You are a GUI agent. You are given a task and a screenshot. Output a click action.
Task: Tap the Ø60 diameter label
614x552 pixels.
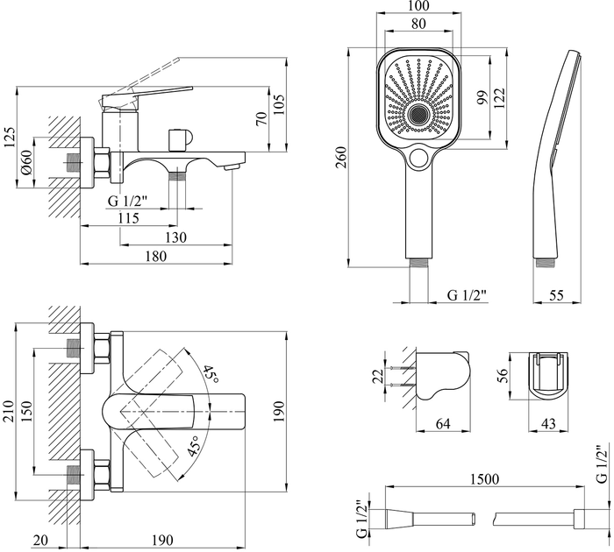[x=26, y=162]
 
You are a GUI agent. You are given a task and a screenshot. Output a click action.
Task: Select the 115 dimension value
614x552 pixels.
[x=128, y=217]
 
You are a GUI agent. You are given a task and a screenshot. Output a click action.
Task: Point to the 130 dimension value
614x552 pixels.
[x=175, y=237]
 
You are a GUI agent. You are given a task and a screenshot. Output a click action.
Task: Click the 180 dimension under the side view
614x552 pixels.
[x=156, y=256]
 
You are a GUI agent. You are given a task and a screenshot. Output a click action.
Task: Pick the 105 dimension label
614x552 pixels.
[x=279, y=104]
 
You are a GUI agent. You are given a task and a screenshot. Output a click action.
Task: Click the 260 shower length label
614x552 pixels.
[x=341, y=157]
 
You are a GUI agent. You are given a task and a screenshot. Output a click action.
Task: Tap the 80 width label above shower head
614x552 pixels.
[x=418, y=24]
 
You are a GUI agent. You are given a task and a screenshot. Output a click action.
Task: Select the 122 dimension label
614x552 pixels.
[x=500, y=97]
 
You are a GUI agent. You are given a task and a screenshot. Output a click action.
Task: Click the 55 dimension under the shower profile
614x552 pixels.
[x=556, y=295]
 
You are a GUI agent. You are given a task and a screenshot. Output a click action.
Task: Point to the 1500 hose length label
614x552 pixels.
[x=484, y=478]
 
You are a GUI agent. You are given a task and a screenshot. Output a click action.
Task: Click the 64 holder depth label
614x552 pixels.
[x=443, y=423]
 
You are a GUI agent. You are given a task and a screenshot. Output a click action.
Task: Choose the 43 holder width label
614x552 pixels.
[x=548, y=423]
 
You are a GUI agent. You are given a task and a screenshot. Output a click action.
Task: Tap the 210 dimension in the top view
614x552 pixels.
[x=9, y=411]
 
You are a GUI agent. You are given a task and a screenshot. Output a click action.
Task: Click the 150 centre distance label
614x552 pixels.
[x=26, y=411]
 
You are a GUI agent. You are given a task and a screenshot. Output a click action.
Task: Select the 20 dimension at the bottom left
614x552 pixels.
[x=40, y=540]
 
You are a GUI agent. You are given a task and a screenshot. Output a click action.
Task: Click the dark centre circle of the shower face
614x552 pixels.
[x=418, y=115]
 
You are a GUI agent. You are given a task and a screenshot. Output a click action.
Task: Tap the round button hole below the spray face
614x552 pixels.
[x=418, y=157]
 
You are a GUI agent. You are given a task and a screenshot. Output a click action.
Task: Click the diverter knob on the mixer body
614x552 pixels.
[x=179, y=140]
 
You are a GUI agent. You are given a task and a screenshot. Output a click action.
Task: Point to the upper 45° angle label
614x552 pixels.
[x=211, y=375]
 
